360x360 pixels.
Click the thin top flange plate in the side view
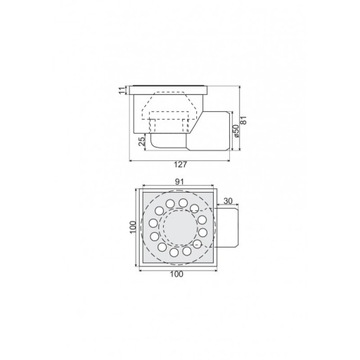(172, 89)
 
